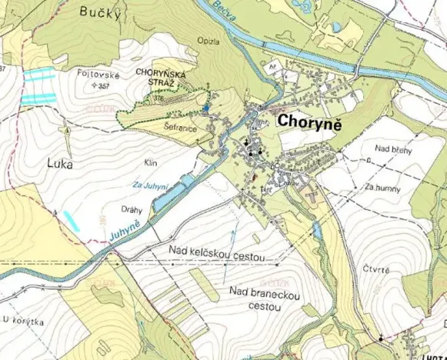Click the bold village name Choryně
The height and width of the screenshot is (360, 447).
point(309,121)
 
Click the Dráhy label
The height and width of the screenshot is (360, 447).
point(134,209)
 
